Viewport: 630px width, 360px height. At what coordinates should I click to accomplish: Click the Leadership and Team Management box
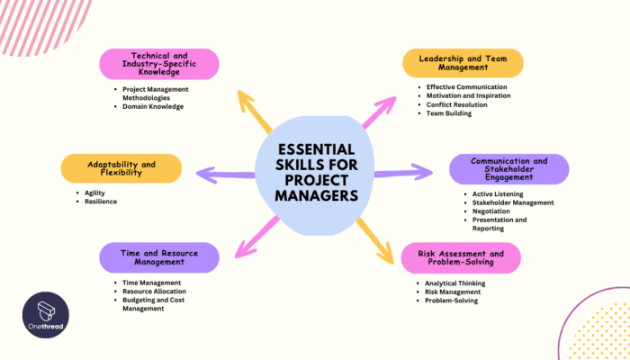tap(463, 63)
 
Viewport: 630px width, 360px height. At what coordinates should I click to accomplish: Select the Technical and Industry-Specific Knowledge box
tap(158, 63)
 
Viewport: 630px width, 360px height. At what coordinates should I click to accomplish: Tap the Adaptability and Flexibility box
tap(121, 168)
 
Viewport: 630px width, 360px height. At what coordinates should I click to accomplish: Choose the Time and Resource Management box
tap(158, 257)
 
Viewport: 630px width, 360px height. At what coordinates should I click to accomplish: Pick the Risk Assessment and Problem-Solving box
tap(461, 257)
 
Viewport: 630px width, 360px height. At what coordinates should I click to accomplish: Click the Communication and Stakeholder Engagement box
tap(508, 168)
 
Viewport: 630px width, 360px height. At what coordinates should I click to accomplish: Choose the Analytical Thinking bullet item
tap(456, 283)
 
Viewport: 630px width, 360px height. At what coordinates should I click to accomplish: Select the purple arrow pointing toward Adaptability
tap(225, 174)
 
